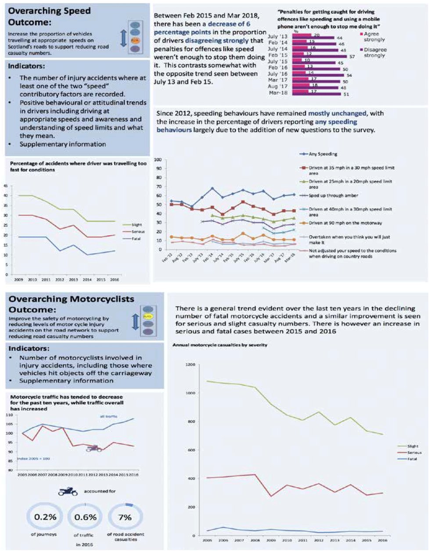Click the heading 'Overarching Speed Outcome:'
[49, 16]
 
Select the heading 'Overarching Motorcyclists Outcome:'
[71, 304]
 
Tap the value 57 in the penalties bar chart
[352, 57]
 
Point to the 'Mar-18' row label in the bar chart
[278, 93]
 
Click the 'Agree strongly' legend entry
[371, 36]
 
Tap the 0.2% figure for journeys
[45, 517]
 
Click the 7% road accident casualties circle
[125, 517]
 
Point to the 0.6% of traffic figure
[85, 517]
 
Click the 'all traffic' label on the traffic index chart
[108, 416]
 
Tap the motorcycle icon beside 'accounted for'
[68, 491]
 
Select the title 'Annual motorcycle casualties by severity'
[219, 345]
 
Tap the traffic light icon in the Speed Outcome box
[136, 37]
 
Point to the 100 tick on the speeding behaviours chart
[158, 160]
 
